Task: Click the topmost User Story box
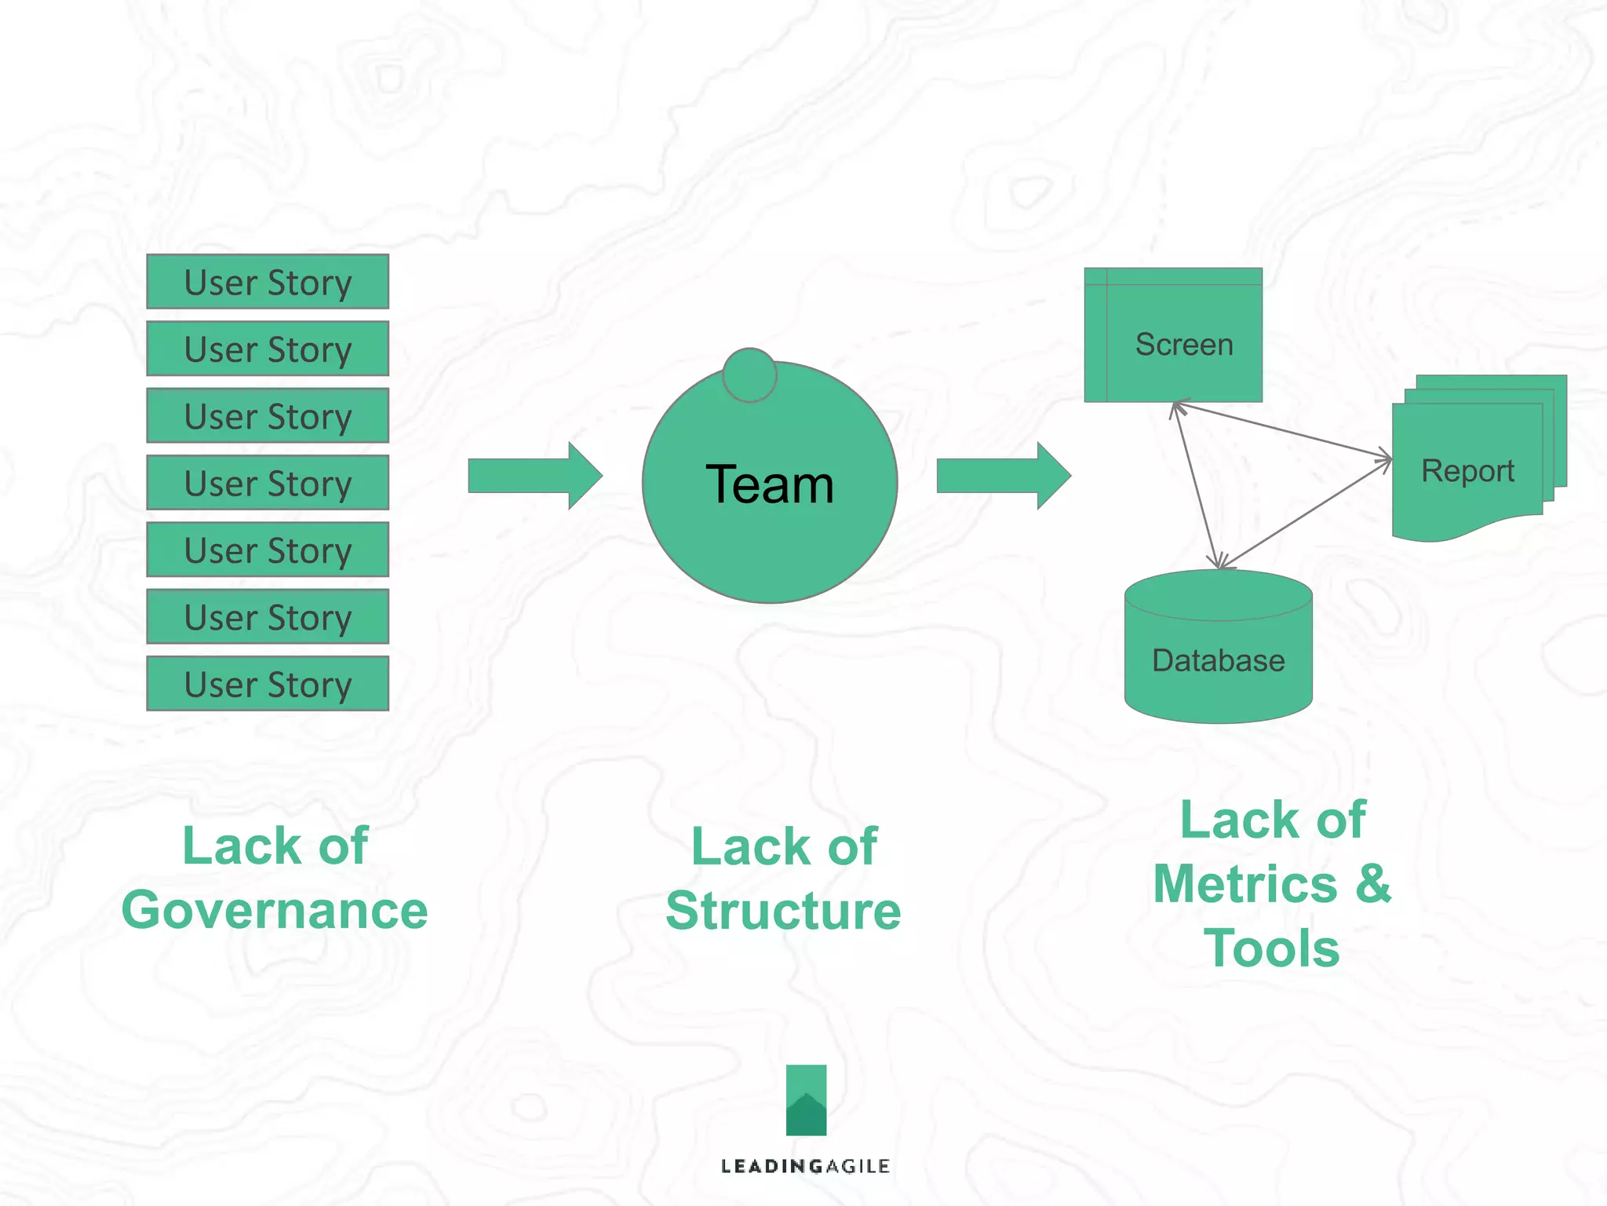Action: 268,282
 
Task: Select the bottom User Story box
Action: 268,684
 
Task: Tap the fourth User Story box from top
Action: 268,483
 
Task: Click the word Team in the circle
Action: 769,484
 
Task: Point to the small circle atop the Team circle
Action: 749,375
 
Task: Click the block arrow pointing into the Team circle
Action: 534,476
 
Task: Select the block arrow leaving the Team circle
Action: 1003,476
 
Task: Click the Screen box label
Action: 1184,345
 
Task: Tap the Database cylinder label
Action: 1218,660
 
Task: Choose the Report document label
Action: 1467,471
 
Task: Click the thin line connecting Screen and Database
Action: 1197,484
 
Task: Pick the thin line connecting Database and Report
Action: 1306,513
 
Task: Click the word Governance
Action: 275,911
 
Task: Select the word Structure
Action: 783,911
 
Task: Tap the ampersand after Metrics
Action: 1374,883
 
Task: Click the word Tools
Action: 1272,948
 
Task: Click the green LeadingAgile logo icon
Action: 806,1100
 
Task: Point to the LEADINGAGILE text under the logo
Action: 805,1166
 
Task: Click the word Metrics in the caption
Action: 1245,884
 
